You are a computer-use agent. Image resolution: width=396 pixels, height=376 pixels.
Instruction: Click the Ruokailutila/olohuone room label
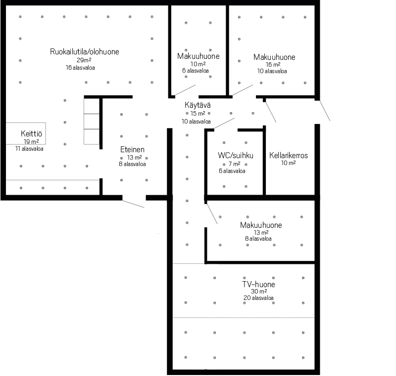point(84,52)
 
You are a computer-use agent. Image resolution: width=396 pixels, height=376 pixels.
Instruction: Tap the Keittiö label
point(31,133)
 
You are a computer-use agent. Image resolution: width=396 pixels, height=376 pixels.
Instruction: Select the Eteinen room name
point(132,149)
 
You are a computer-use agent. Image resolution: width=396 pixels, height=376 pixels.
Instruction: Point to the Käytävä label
point(198,105)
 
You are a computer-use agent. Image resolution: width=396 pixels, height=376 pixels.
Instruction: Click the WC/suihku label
point(236,155)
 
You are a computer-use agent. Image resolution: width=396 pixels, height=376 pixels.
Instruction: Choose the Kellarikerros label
point(289,155)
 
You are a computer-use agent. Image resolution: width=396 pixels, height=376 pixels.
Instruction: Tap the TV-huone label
point(258,284)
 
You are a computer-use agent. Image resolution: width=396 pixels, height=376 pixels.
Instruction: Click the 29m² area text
point(84,60)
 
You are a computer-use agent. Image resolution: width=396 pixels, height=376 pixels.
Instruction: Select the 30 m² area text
point(259,292)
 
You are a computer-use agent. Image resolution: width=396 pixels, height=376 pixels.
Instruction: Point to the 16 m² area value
point(273,65)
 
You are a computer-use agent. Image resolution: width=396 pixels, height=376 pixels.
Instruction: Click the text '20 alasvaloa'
point(258,298)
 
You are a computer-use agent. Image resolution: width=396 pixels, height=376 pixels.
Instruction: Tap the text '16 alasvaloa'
point(80,68)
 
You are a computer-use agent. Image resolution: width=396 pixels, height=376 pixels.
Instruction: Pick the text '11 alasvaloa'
point(29,149)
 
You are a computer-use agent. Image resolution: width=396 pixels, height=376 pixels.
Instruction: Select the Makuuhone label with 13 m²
point(261,225)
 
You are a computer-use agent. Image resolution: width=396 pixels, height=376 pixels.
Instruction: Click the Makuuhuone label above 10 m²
point(198,56)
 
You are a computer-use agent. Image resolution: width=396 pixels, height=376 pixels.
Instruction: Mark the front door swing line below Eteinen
point(133,204)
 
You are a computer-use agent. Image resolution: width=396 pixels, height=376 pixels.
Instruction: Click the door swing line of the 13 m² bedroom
point(212,214)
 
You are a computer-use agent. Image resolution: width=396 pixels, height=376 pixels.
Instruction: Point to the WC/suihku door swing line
point(224,123)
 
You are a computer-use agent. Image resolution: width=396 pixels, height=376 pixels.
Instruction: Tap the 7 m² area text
point(234,164)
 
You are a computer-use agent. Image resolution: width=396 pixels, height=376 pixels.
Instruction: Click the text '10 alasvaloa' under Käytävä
point(196,122)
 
